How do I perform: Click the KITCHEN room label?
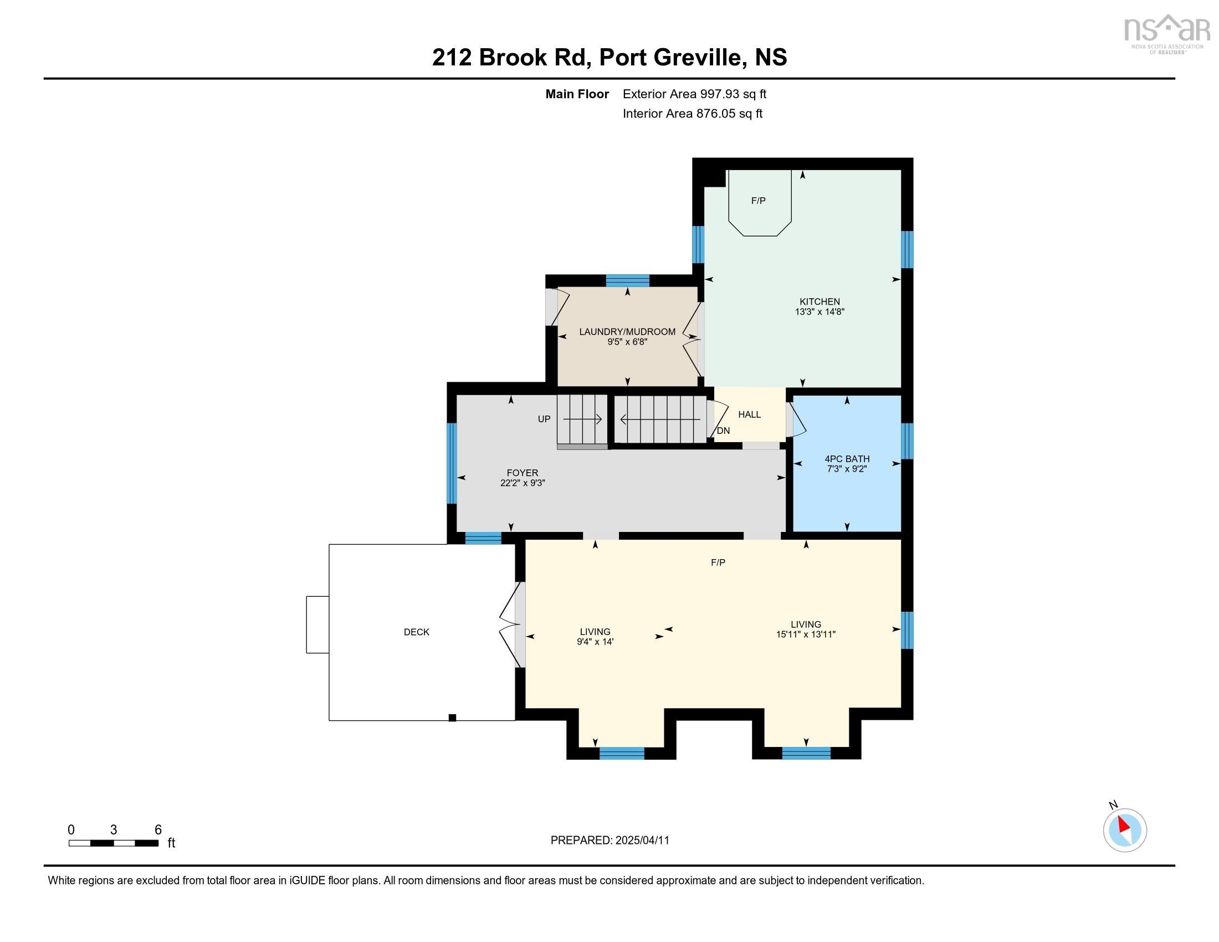(820, 302)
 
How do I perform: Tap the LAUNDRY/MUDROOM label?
(627, 332)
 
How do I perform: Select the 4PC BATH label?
(847, 459)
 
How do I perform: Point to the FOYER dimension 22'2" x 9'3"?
(522, 483)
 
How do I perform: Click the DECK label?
(416, 632)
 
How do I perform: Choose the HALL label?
(749, 414)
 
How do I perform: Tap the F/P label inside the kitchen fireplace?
(758, 201)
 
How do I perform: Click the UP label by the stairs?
(544, 419)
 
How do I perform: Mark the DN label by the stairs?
(723, 431)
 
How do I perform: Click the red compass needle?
(1124, 825)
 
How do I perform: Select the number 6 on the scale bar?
(158, 830)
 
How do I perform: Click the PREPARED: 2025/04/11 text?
(609, 841)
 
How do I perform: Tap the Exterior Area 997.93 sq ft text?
(694, 94)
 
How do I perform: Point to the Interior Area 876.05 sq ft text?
(692, 114)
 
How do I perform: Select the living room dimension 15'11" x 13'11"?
(806, 634)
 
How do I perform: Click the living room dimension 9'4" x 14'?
(595, 642)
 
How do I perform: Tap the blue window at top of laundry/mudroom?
(627, 281)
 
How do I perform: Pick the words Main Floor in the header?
(577, 94)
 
